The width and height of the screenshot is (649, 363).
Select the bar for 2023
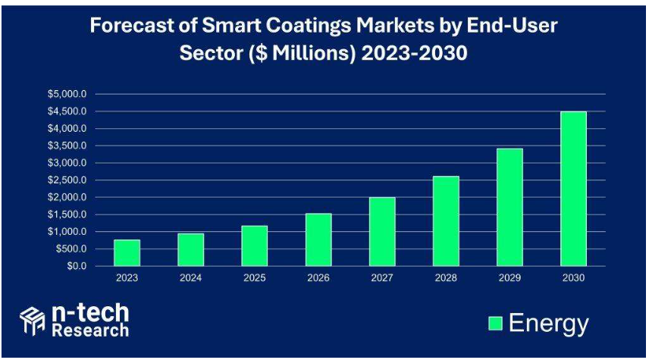[127, 253]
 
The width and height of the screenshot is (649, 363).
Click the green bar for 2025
[255, 246]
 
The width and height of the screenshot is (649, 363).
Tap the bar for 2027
[382, 232]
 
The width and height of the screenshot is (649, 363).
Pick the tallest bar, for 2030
[573, 189]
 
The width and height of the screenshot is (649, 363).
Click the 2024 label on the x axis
[191, 278]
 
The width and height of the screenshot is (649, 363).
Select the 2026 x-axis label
[318, 278]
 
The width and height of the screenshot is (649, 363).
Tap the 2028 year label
[446, 278]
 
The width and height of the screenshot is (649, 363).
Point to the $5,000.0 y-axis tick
[67, 95]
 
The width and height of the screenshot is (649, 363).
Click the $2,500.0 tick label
[67, 180]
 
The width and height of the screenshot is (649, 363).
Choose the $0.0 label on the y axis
[76, 266]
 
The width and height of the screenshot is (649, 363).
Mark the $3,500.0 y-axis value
[67, 146]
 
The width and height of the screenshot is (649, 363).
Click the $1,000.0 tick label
[67, 232]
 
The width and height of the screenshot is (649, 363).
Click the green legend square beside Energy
[495, 324]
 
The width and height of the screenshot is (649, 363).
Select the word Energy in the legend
[548, 324]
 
